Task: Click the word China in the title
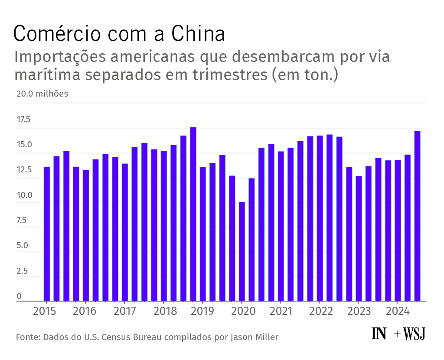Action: pyautogui.click(x=197, y=34)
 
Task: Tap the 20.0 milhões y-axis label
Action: pyautogui.click(x=42, y=94)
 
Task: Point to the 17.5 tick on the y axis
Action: pyautogui.click(x=24, y=120)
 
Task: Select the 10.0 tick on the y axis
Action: pyautogui.click(x=24, y=195)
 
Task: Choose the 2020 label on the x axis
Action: pyautogui.click(x=242, y=311)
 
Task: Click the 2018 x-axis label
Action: pyautogui.click(x=164, y=311)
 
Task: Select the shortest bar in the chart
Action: pyautogui.click(x=242, y=251)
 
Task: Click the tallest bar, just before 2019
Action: pyautogui.click(x=193, y=214)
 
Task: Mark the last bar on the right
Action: pyautogui.click(x=418, y=216)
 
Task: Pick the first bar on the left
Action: pyautogui.click(x=47, y=234)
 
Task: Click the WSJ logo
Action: pyautogui.click(x=414, y=334)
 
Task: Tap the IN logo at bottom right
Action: pyautogui.click(x=379, y=334)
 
